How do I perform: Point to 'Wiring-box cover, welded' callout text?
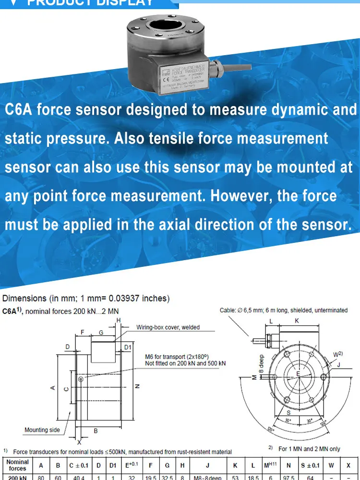coord(168,327)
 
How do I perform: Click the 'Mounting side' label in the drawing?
coord(42,430)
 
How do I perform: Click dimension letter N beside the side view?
coord(137,386)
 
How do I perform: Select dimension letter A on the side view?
coord(52,388)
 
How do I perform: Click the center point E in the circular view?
coord(298,373)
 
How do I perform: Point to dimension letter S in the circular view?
coord(288,412)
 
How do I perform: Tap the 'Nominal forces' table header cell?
coord(18,465)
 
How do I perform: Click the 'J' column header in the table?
coord(207,465)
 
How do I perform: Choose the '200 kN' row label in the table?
coord(18,478)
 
